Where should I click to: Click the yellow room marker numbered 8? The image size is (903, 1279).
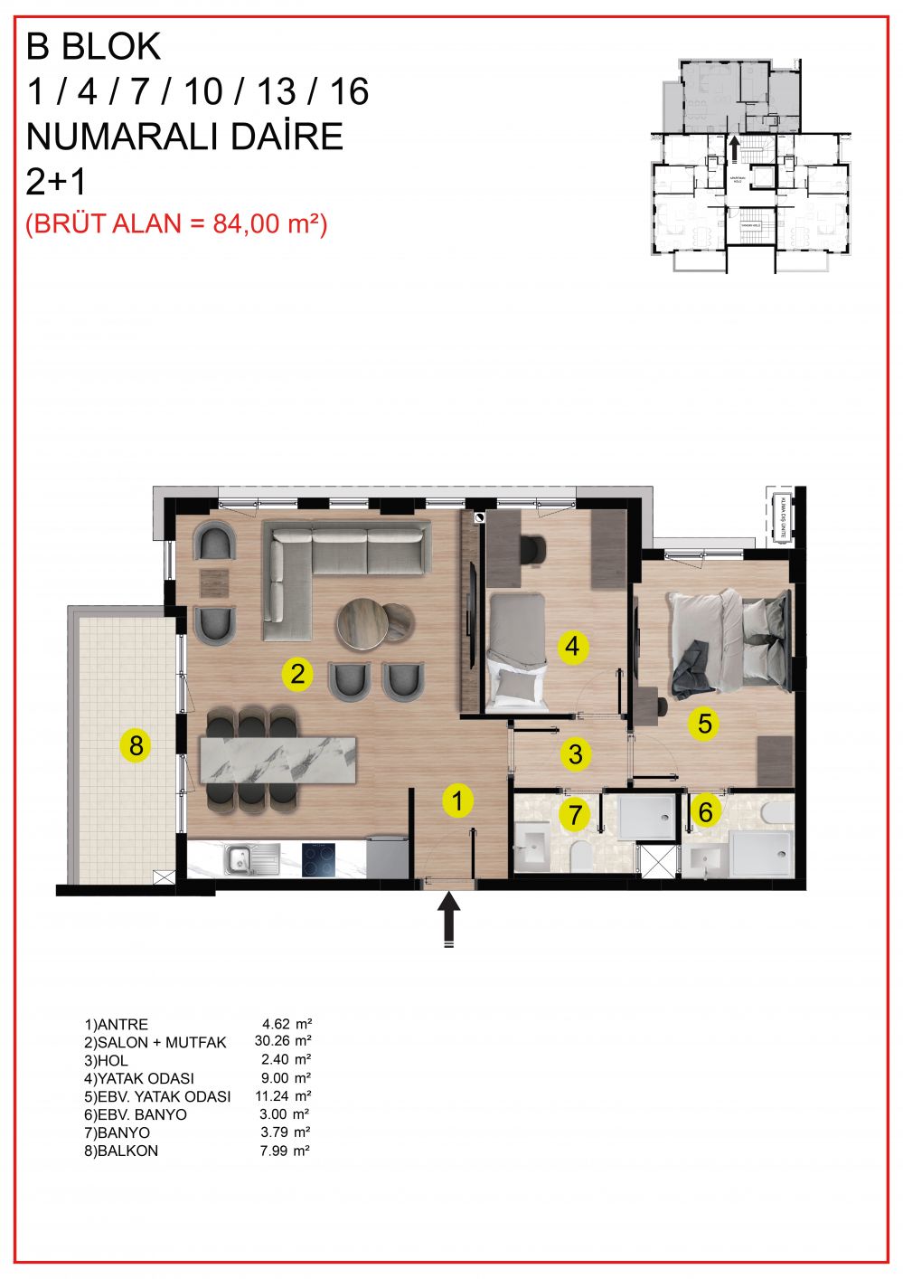(136, 746)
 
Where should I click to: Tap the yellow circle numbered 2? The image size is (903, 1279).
(297, 673)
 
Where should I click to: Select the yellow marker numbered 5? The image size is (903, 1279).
(704, 723)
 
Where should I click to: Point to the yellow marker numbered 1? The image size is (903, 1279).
(458, 801)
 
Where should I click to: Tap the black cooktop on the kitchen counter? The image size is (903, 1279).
(317, 858)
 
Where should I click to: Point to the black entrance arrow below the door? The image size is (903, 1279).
(450, 918)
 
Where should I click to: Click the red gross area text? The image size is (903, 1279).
(176, 223)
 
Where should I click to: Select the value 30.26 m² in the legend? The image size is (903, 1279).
(283, 1042)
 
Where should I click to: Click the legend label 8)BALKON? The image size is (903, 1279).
(121, 1151)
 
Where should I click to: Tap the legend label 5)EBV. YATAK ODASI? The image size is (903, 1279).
(157, 1096)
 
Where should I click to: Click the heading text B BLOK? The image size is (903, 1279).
(94, 46)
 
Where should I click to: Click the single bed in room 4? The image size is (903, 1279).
(517, 649)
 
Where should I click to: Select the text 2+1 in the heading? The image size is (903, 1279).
(56, 182)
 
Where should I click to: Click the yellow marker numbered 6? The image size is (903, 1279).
(705, 811)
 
